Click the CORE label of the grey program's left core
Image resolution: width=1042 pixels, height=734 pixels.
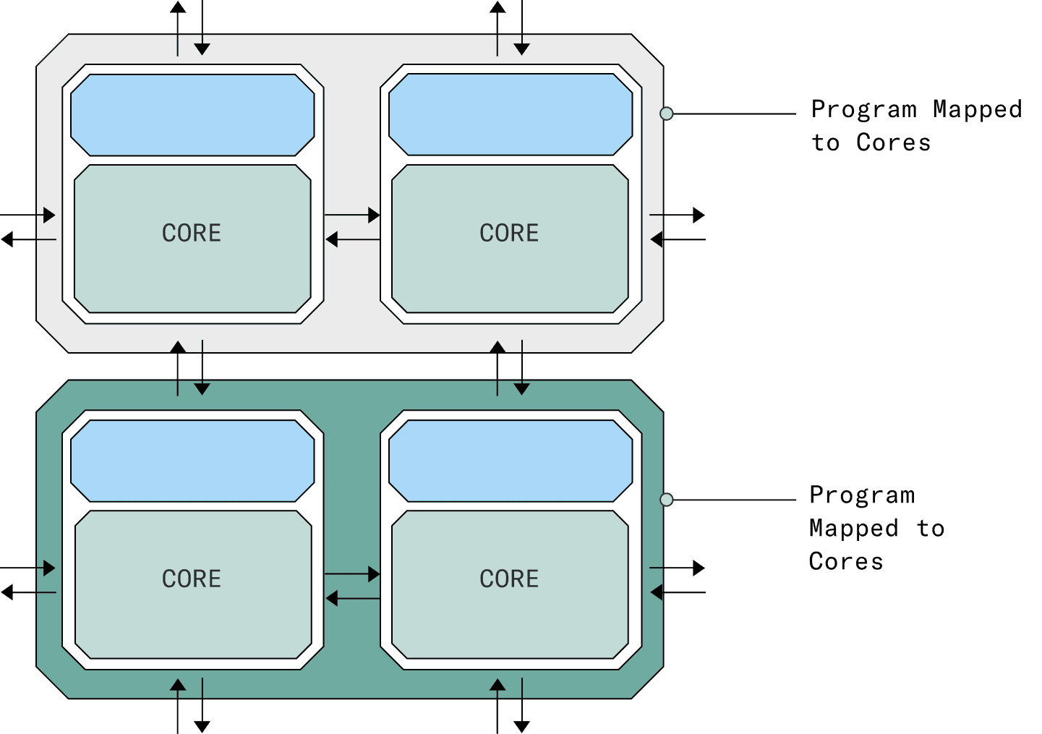[x=192, y=233]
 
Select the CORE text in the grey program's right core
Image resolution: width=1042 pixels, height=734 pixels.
[x=509, y=233]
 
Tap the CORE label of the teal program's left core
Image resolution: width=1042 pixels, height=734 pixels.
[x=192, y=579]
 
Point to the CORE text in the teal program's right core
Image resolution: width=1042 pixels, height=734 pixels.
[x=509, y=579]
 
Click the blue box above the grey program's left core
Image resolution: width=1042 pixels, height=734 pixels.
[x=192, y=115]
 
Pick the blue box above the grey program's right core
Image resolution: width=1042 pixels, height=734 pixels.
[x=511, y=115]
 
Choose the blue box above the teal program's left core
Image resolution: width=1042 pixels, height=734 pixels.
[x=192, y=461]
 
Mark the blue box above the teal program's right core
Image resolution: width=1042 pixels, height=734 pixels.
[x=511, y=461]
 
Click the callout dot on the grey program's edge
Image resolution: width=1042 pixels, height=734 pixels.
[x=667, y=114]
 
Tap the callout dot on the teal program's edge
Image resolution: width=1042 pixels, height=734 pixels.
[x=667, y=500]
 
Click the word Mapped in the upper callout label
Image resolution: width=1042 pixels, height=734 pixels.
[x=977, y=109]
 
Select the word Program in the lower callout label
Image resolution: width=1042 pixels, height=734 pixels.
[x=862, y=495]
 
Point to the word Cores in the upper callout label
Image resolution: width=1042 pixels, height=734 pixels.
[x=893, y=142]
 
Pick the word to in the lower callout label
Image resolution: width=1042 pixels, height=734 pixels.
[x=931, y=529]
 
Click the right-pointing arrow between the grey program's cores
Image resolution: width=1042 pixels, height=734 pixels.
[x=352, y=215]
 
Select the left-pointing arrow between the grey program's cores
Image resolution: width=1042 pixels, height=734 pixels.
[x=352, y=239]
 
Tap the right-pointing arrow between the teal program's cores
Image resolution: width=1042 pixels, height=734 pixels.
[x=352, y=574]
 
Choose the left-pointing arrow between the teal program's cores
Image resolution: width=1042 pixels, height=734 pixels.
[x=352, y=598]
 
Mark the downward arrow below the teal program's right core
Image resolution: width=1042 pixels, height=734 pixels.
[x=522, y=706]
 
